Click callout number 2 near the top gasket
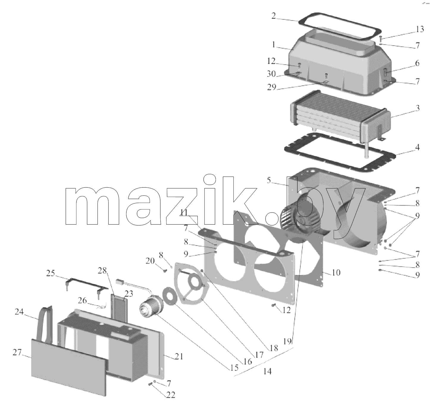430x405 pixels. pyautogui.click(x=274, y=16)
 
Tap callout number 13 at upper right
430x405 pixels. pyautogui.click(x=420, y=29)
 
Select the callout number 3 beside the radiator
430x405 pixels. pyautogui.click(x=418, y=108)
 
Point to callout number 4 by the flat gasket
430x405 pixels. pyautogui.click(x=418, y=147)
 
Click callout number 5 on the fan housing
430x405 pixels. pyautogui.click(x=269, y=180)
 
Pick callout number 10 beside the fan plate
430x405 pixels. pyautogui.click(x=336, y=272)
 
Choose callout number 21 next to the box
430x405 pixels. pyautogui.click(x=179, y=356)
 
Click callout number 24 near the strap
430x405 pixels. pyautogui.click(x=19, y=312)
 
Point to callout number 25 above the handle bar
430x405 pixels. pyautogui.click(x=51, y=273)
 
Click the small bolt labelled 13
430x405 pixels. pyautogui.click(x=381, y=39)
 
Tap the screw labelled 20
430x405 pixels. pyautogui.click(x=165, y=270)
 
